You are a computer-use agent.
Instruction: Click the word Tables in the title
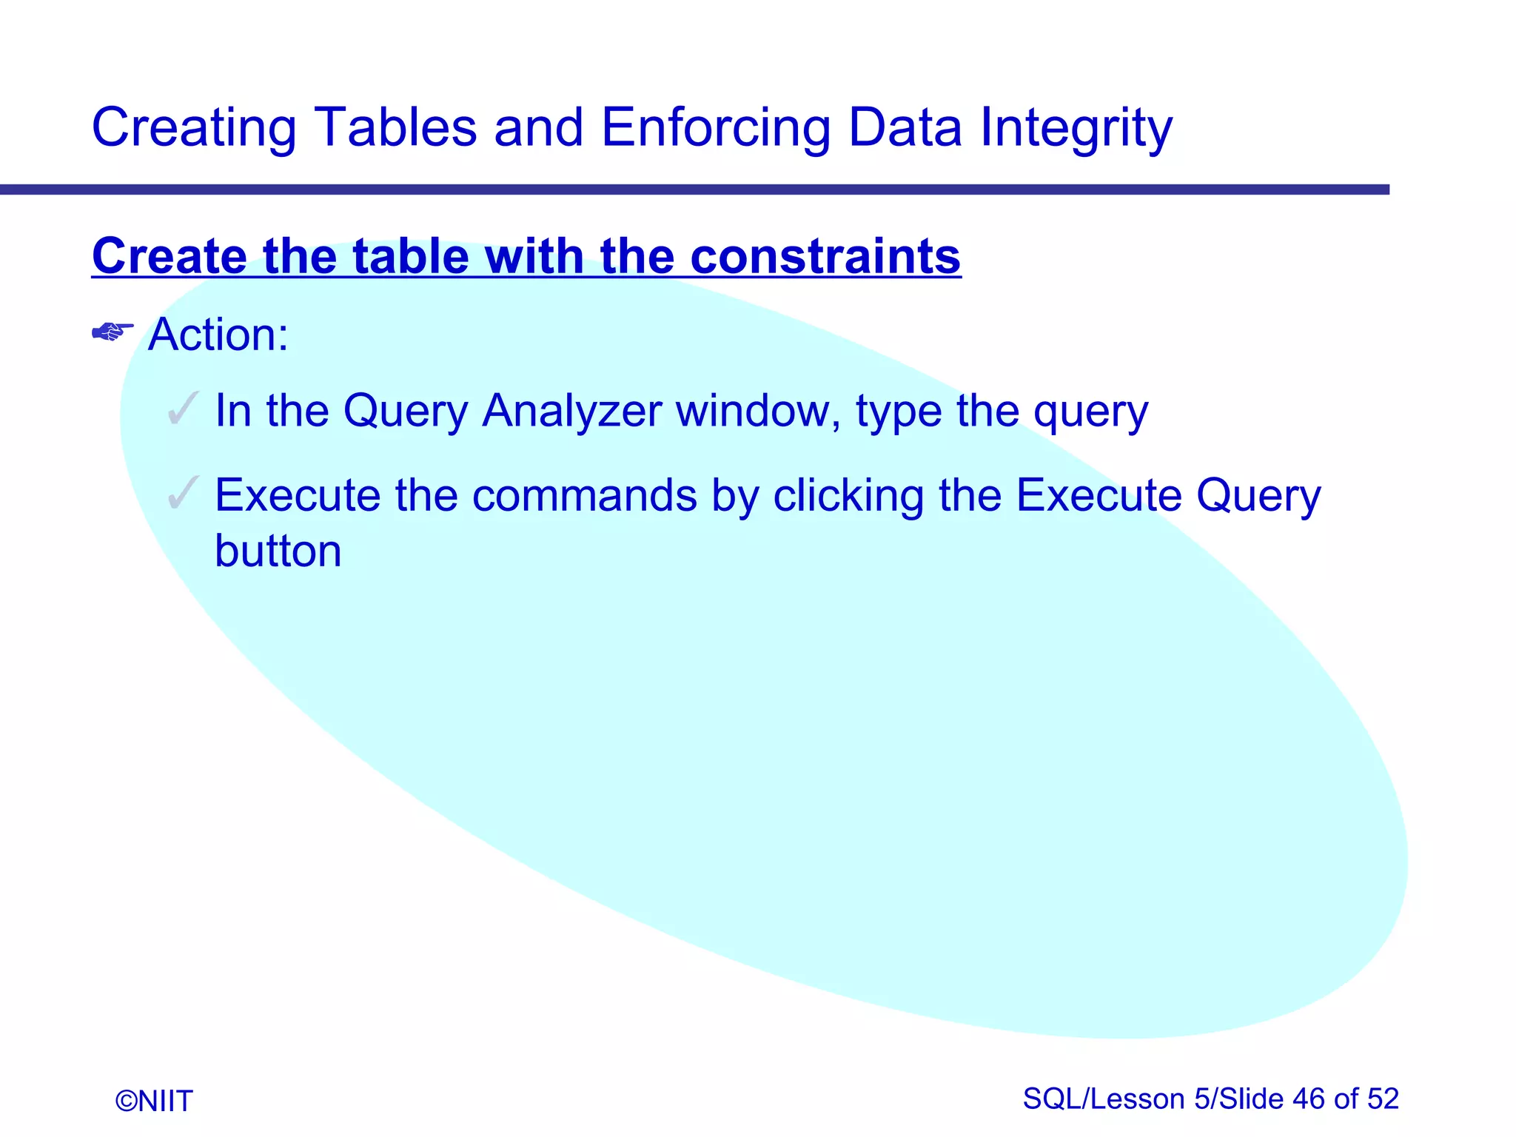tap(395, 127)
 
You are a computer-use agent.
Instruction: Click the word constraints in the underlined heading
tap(825, 256)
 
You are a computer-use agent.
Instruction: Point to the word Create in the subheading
tap(170, 256)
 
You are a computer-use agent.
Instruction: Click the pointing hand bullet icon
tap(113, 332)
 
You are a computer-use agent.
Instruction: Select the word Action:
tap(218, 335)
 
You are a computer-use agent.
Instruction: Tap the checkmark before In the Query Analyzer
tap(183, 409)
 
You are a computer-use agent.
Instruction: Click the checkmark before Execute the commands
tap(183, 493)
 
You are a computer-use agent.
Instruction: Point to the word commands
tap(584, 495)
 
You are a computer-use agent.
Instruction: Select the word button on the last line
tap(278, 551)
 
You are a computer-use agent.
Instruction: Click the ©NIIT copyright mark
tap(154, 1101)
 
